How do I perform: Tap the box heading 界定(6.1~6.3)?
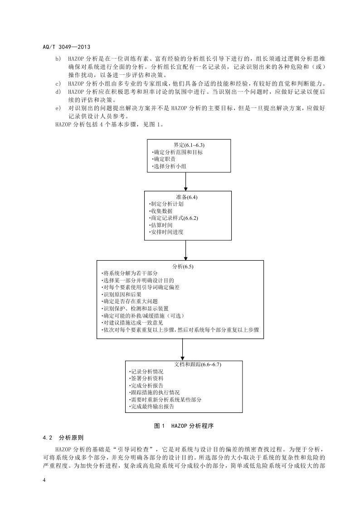click(186, 145)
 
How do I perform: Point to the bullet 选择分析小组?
click(169, 167)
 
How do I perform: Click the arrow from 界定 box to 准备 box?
click(186, 182)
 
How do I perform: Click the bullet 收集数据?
click(161, 211)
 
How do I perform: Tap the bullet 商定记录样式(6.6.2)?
click(173, 218)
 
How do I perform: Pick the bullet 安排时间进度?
click(166, 232)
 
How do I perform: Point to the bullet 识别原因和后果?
click(122, 294)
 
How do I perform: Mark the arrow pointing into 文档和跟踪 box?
click(183, 349)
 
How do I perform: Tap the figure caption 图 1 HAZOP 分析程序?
click(184, 426)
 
